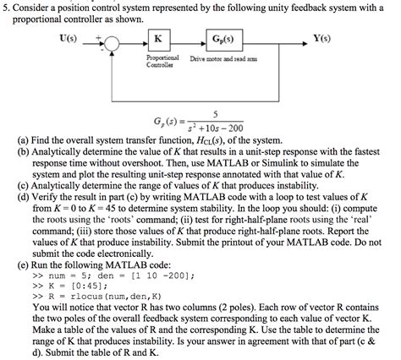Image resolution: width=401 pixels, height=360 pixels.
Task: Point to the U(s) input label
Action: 66,37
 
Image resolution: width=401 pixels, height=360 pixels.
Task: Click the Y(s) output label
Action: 322,37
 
